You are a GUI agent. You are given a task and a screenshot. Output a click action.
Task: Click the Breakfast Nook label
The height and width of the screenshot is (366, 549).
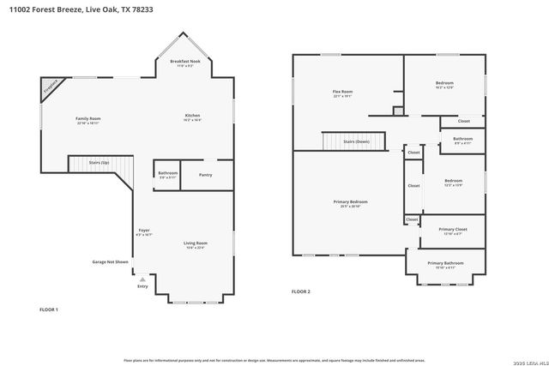pyautogui.click(x=184, y=62)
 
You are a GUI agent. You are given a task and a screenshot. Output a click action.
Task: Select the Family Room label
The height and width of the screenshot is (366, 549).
pyautogui.click(x=88, y=118)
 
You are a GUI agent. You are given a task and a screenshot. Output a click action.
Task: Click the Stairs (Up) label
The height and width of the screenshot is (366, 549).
pyautogui.click(x=100, y=163)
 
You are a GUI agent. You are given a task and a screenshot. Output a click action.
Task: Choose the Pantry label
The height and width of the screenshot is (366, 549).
pyautogui.click(x=205, y=175)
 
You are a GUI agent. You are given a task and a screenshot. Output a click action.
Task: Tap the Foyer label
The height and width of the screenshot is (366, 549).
pyautogui.click(x=144, y=231)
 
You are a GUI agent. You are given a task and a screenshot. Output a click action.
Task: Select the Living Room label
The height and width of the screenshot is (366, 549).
pyautogui.click(x=196, y=243)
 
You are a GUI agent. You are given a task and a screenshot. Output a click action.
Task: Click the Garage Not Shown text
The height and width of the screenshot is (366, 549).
pyautogui.click(x=111, y=261)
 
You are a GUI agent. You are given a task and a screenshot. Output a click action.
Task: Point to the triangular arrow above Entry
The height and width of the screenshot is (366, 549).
pyautogui.click(x=142, y=279)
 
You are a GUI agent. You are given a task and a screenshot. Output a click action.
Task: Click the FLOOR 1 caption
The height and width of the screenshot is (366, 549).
pyautogui.click(x=49, y=308)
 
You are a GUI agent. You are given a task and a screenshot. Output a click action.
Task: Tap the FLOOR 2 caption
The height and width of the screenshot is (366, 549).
pyautogui.click(x=300, y=292)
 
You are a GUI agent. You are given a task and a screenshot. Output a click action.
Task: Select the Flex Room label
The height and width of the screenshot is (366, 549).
pyautogui.click(x=342, y=92)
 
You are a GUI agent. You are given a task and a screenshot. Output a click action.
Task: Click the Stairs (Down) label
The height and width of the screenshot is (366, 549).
pyautogui.click(x=356, y=141)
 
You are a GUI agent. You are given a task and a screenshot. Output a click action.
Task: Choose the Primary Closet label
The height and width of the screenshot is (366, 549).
pyautogui.click(x=452, y=230)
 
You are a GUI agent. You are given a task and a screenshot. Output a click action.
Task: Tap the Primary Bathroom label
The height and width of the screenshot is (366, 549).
pyautogui.click(x=445, y=263)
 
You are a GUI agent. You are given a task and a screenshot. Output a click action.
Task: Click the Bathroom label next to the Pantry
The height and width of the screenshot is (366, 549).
pyautogui.click(x=167, y=173)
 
